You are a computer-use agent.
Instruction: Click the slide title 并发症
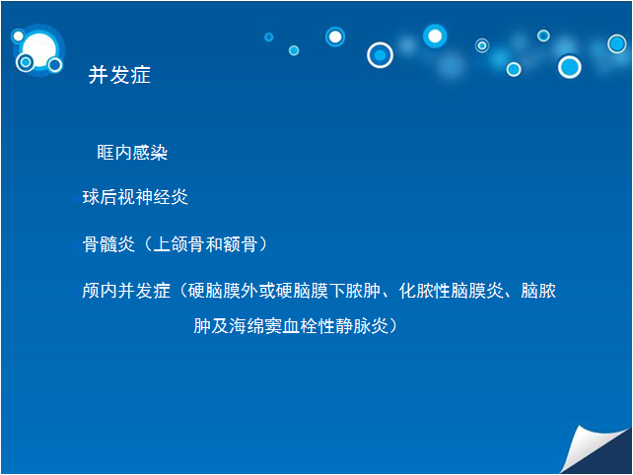pyautogui.click(x=119, y=75)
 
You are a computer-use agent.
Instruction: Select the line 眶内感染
pyautogui.click(x=132, y=153)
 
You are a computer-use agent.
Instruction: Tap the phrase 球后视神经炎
pyautogui.click(x=135, y=197)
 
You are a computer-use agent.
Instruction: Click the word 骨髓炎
pyautogui.click(x=108, y=244)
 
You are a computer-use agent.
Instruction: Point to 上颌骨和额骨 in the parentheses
pyautogui.click(x=205, y=244)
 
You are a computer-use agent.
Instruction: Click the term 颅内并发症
pyautogui.click(x=126, y=291)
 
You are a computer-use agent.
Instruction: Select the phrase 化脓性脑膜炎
pyautogui.click(x=452, y=291)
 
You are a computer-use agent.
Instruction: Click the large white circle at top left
pyautogui.click(x=39, y=49)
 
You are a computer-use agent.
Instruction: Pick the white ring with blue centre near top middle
pyautogui.click(x=380, y=55)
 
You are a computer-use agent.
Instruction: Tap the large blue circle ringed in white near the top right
pyautogui.click(x=570, y=67)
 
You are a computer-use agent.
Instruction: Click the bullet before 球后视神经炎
pyautogui.click(x=78, y=198)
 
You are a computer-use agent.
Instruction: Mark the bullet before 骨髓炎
pyautogui.click(x=78, y=245)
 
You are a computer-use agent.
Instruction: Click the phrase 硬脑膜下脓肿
pyautogui.click(x=328, y=291)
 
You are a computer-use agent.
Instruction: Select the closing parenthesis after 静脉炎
pyautogui.click(x=393, y=326)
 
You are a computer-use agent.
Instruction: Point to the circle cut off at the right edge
pyautogui.click(x=617, y=43)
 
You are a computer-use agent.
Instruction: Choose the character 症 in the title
pyautogui.click(x=140, y=75)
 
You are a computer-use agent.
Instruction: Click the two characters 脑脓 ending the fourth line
pyautogui.click(x=539, y=291)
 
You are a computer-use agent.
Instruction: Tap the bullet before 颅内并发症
pyautogui.click(x=78, y=292)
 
